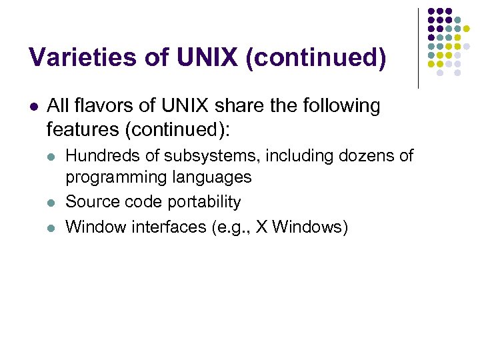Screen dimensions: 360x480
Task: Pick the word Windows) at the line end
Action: pos(310,227)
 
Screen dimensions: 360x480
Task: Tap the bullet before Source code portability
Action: pos(51,203)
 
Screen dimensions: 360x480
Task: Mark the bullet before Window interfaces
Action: pos(51,227)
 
